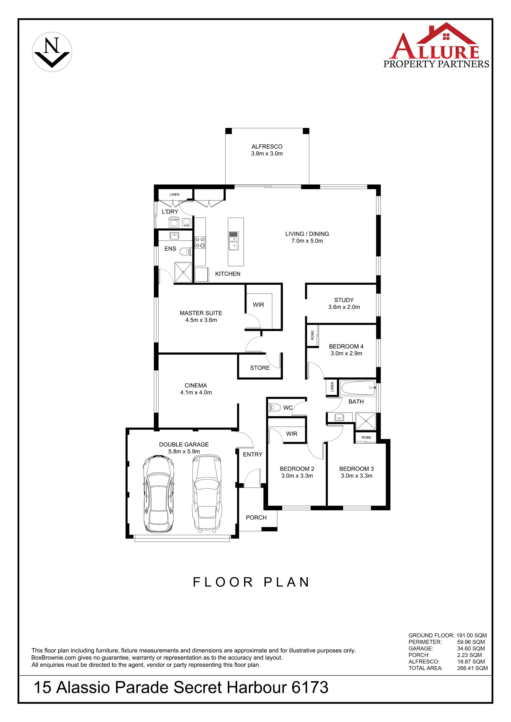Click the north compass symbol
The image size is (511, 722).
(x=52, y=52)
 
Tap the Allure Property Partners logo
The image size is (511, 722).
(x=436, y=45)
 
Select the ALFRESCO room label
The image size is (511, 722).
(x=267, y=147)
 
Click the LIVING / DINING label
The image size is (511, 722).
(x=307, y=234)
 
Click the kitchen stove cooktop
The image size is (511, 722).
(x=200, y=242)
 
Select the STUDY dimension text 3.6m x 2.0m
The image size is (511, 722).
(x=344, y=307)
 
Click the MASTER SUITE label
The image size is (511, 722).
(x=201, y=313)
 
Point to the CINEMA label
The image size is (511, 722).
(x=196, y=385)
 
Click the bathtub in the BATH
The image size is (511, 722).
(x=358, y=388)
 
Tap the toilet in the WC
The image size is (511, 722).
(x=275, y=408)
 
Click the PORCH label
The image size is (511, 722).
(x=256, y=517)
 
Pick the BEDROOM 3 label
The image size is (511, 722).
(x=357, y=469)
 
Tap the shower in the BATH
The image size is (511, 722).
(x=366, y=421)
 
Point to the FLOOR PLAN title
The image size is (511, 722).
(x=251, y=582)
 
